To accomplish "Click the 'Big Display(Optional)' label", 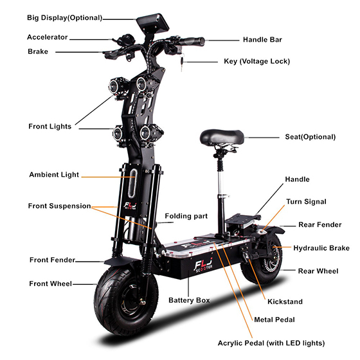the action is pos(64,18).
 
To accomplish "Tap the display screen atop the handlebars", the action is pos(153,22).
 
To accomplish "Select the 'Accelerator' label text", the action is pos(48,37).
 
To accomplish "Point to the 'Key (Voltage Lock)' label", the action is pos(257,61).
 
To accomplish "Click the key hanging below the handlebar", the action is pos(182,62).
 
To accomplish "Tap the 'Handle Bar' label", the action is pos(262,40).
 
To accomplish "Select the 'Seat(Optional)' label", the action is pos(310,137).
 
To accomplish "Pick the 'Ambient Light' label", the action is pos(54,175).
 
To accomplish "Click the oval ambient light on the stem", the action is pos(132,183).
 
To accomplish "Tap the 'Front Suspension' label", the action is pos(59,206).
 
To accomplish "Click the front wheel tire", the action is pos(126,299).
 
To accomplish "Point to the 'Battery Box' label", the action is pos(189,300).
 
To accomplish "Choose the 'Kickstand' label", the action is pos(285,301).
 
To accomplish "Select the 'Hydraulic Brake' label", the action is pos(321,248).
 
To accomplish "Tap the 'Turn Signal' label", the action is pos(306,202).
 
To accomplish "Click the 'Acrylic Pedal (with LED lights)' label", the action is pos(271,343).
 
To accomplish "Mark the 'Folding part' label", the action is pos(186,216).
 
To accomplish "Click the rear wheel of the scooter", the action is pos(262,259).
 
